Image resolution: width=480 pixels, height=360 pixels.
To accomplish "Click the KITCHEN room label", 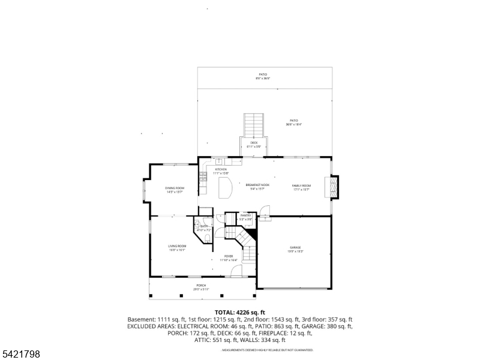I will point(220,170).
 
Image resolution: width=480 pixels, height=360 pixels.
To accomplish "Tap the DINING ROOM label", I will point(175,188).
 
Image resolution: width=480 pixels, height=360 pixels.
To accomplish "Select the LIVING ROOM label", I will point(176,246).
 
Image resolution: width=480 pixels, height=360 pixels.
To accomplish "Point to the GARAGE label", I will point(295,248).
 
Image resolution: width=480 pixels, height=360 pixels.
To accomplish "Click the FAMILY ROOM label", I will point(301,185).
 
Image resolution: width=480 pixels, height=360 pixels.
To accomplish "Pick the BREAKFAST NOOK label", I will point(257,185).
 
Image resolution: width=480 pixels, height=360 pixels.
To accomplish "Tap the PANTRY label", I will point(245,215).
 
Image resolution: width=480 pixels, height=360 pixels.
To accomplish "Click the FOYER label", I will point(229,257).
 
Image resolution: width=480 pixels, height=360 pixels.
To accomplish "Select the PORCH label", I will point(201,286).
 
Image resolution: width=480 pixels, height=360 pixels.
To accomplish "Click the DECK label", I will point(254,142).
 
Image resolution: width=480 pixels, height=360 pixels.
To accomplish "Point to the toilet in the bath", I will point(207,240).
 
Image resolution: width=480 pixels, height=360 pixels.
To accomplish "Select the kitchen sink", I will point(220,161).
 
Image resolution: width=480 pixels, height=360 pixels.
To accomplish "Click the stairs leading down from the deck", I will point(254,125).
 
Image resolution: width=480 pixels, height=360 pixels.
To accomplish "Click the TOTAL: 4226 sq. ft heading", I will point(239,313).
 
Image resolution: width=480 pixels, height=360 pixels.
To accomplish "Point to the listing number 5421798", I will point(20,355).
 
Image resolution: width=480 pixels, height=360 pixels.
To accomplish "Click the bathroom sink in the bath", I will point(197,227).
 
